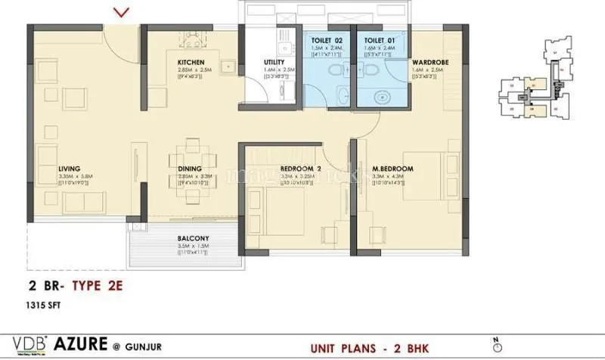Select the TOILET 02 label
point(328,39)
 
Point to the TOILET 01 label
point(377,39)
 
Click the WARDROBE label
point(429,62)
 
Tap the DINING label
point(190,169)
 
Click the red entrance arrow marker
point(121,11)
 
